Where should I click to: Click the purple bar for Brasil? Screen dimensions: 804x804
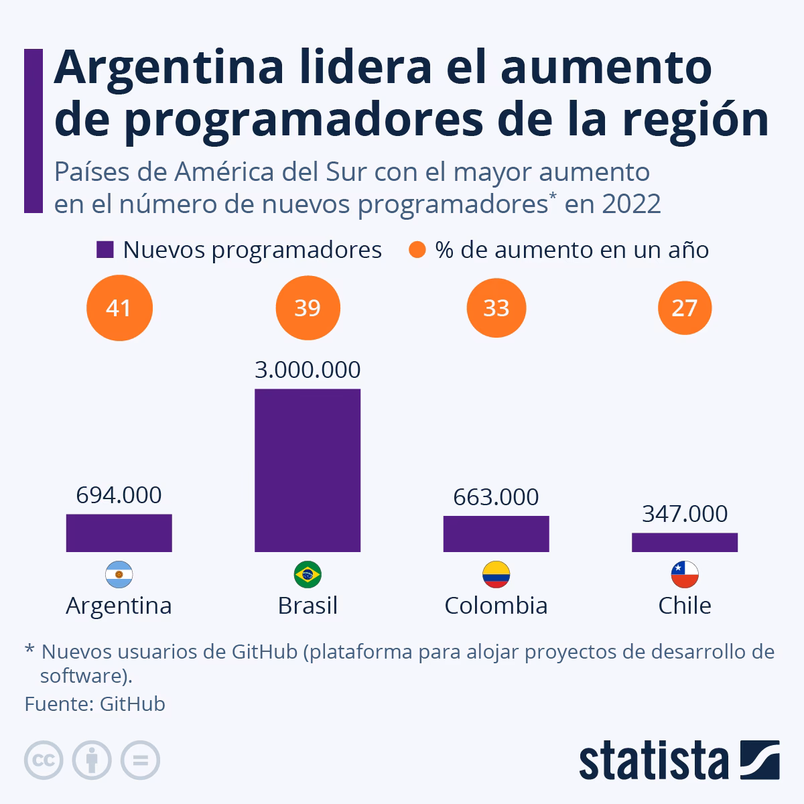(308, 470)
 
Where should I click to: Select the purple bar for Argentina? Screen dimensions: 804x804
(119, 533)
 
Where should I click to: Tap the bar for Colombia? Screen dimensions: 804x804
(496, 533)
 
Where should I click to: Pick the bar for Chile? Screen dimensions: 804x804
(684, 542)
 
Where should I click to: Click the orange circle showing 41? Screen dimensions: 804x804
(119, 308)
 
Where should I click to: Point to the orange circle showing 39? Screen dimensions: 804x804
(308, 308)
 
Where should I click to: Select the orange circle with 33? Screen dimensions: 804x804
(496, 308)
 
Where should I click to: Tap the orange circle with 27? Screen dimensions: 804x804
(684, 308)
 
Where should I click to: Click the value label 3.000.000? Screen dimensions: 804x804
(308, 370)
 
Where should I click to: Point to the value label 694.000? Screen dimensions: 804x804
(119, 495)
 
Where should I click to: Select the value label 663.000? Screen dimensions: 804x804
(496, 497)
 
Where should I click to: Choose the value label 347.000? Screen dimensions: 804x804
(684, 514)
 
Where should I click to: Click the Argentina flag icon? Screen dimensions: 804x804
(119, 574)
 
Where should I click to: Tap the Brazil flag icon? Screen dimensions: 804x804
(308, 574)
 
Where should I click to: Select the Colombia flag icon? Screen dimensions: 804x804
(496, 574)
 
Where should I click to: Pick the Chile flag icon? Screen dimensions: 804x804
(684, 574)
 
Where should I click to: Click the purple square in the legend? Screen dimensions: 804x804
(105, 250)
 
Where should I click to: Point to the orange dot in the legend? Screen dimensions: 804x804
(417, 250)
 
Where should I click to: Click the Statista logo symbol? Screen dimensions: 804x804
(759, 760)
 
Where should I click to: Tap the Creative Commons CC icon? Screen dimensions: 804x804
(44, 760)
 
